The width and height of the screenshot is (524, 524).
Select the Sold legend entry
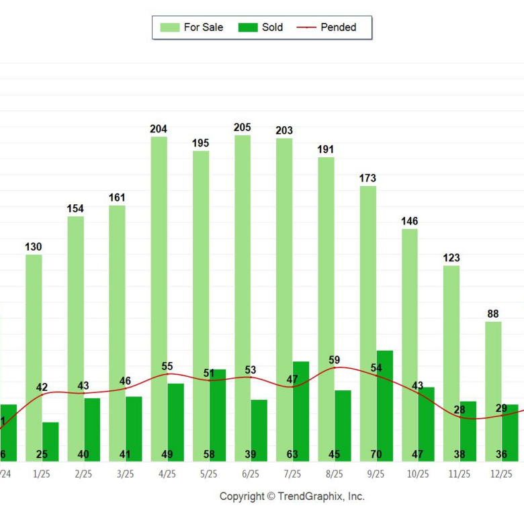[x=261, y=28]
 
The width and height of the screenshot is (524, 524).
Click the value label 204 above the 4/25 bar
[x=159, y=129]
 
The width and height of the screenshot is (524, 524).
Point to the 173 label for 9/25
[x=367, y=179]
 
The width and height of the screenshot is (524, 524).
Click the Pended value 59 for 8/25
[x=334, y=361]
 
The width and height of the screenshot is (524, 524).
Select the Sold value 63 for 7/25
[x=292, y=455]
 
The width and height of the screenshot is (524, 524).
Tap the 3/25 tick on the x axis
[x=125, y=474]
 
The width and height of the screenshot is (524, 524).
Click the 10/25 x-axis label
[x=417, y=474]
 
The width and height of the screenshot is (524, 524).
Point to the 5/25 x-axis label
[x=208, y=474]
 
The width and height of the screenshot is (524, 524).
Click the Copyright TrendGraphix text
[x=292, y=496]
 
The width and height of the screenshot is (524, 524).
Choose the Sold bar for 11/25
[x=468, y=430]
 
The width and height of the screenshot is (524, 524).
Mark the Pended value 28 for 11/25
[x=459, y=410]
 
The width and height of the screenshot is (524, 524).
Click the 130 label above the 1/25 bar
[x=34, y=247]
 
